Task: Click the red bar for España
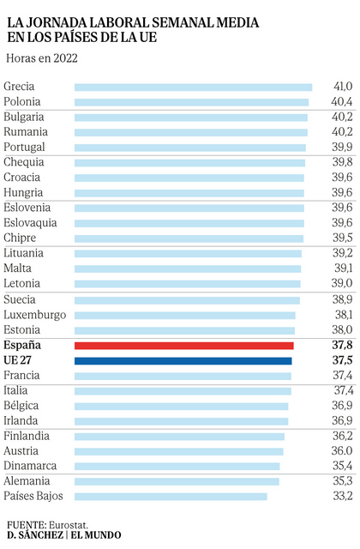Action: click(x=184, y=346)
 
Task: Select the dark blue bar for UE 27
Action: click(x=183, y=361)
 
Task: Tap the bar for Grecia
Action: click(x=193, y=87)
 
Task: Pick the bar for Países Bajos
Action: click(x=171, y=496)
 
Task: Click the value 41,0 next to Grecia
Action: click(x=343, y=87)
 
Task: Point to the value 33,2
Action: click(x=343, y=496)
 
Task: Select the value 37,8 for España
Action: click(x=343, y=346)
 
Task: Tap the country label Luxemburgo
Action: click(x=34, y=315)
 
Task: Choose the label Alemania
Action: click(x=27, y=481)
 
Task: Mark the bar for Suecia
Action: click(x=187, y=300)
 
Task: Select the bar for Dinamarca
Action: click(x=177, y=466)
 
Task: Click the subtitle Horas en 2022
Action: click(x=41, y=58)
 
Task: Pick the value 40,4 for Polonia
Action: click(x=343, y=102)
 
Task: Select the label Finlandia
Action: click(x=27, y=436)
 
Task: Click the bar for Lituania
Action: click(x=188, y=254)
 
